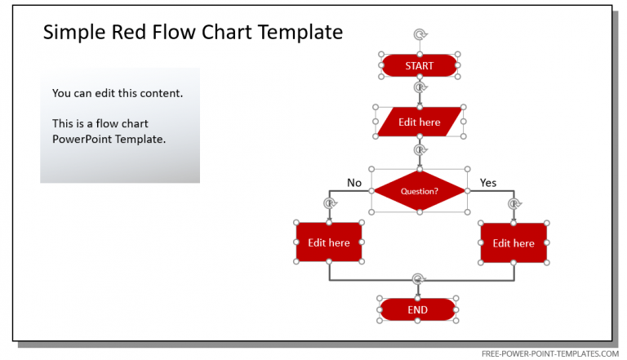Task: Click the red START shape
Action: [x=419, y=65]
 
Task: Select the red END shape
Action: [x=417, y=310]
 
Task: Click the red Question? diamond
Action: [x=419, y=191]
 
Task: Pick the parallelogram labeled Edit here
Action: [x=419, y=122]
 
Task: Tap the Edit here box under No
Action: [x=328, y=242]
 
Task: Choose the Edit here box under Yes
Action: [x=514, y=243]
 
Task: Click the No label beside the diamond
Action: [x=354, y=183]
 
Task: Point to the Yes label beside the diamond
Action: [x=488, y=183]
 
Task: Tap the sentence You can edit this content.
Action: [x=118, y=93]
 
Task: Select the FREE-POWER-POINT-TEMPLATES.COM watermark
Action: [x=550, y=353]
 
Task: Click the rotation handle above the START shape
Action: [x=420, y=34]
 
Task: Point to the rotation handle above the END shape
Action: [x=418, y=279]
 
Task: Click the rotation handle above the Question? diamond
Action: [x=420, y=150]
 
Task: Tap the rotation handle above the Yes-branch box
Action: [x=514, y=204]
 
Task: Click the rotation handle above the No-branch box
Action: [x=329, y=203]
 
